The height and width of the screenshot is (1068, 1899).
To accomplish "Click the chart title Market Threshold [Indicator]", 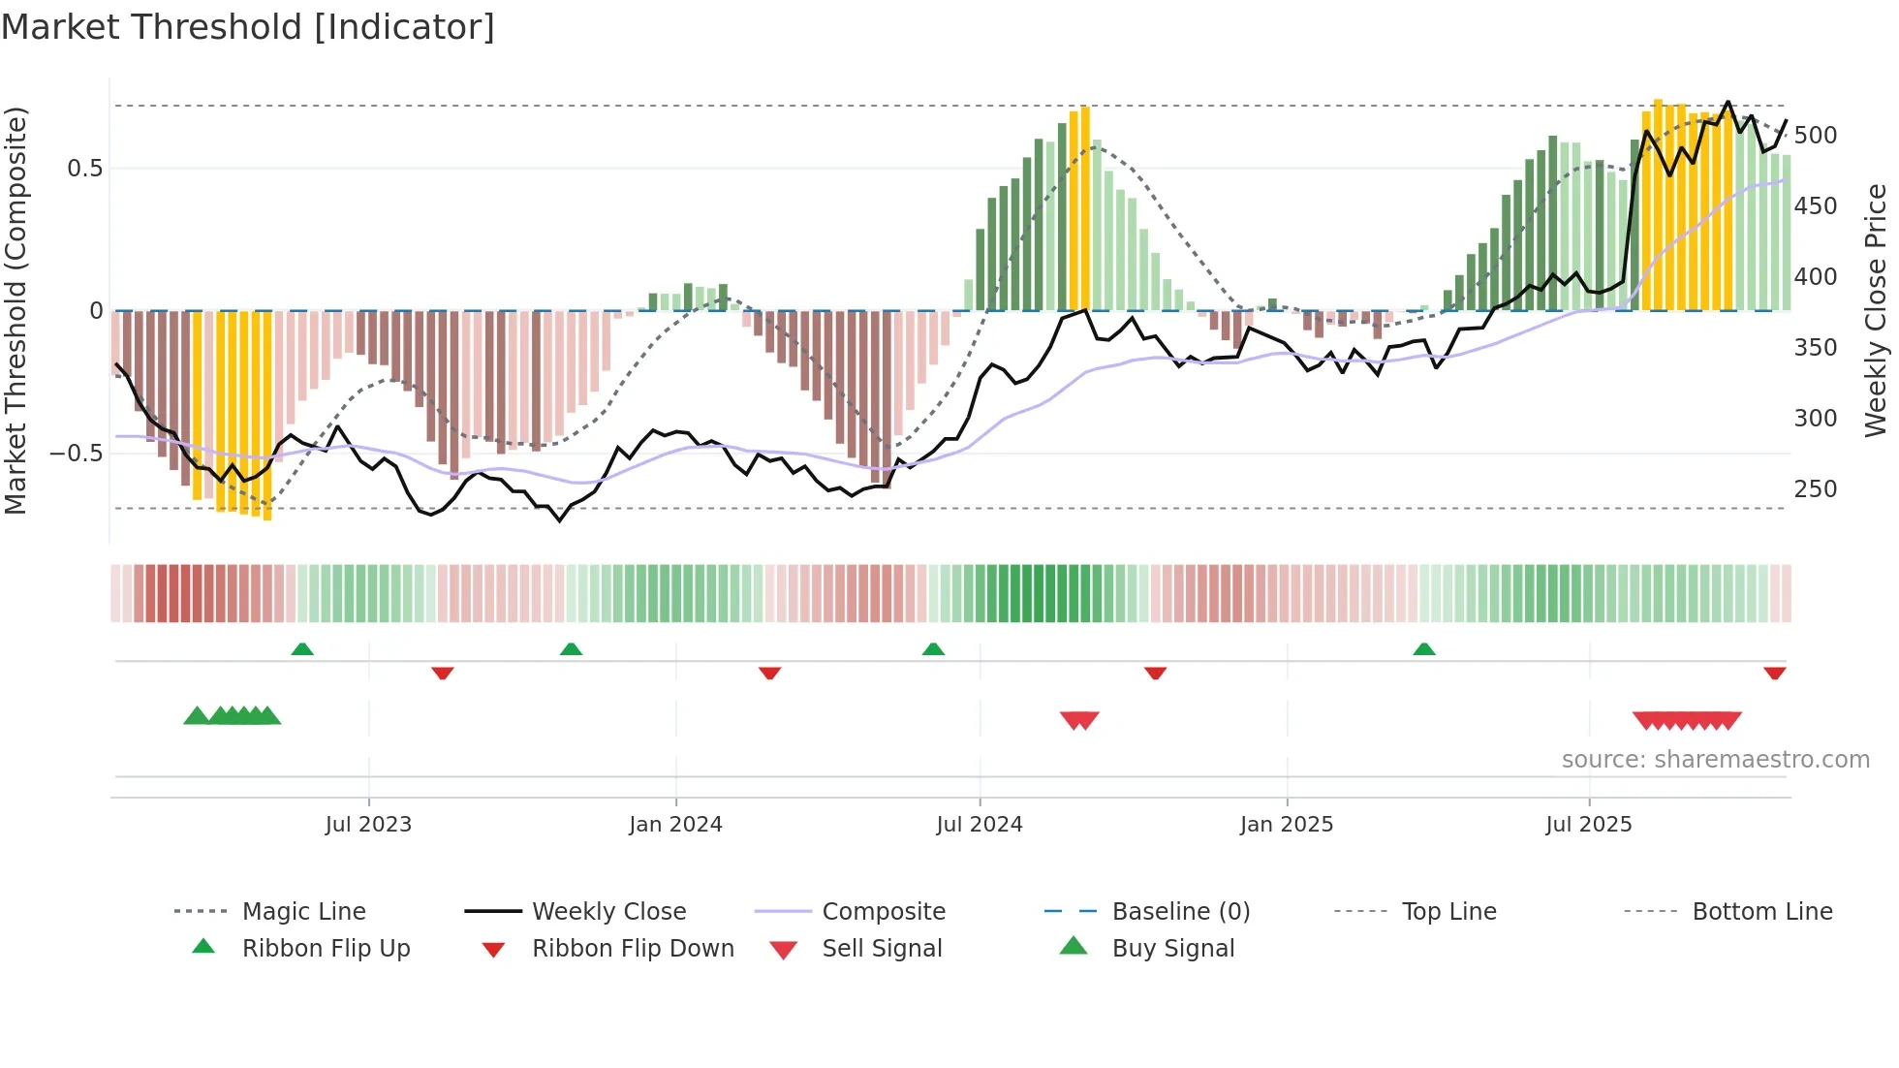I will tap(248, 27).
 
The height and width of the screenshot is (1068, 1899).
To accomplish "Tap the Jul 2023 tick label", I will tap(368, 825).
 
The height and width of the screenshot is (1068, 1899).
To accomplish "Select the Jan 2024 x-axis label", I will tap(675, 825).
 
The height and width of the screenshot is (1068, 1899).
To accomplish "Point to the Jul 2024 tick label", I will tap(980, 825).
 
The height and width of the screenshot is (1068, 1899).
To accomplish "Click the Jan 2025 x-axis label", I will tap(1287, 825).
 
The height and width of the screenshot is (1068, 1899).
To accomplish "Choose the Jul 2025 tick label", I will tap(1589, 825).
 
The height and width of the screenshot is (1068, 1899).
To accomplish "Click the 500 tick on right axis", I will tap(1815, 136).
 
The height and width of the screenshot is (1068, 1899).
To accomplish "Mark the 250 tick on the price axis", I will tap(1815, 489).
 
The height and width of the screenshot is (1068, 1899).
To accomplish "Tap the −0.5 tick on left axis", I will tap(76, 454).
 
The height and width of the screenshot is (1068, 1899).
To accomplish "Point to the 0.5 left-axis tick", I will tap(84, 169).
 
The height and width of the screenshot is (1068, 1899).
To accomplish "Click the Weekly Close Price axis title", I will tap(1876, 310).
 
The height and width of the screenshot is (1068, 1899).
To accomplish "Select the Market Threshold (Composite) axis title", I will tap(16, 310).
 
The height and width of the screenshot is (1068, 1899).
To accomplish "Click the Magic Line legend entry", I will tap(303, 912).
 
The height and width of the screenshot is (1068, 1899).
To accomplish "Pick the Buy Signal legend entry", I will tap(1172, 949).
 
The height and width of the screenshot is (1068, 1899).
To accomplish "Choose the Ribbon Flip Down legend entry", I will tap(633, 949).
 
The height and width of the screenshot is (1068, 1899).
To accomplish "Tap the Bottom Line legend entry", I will tap(1761, 912).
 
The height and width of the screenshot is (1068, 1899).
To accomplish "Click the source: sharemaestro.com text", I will tap(1715, 760).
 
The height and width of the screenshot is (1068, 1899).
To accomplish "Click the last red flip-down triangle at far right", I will tap(1774, 673).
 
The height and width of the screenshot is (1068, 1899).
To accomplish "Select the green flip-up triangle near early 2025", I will tap(1423, 649).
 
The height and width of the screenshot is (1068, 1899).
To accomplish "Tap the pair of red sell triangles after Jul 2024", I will tap(1079, 720).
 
